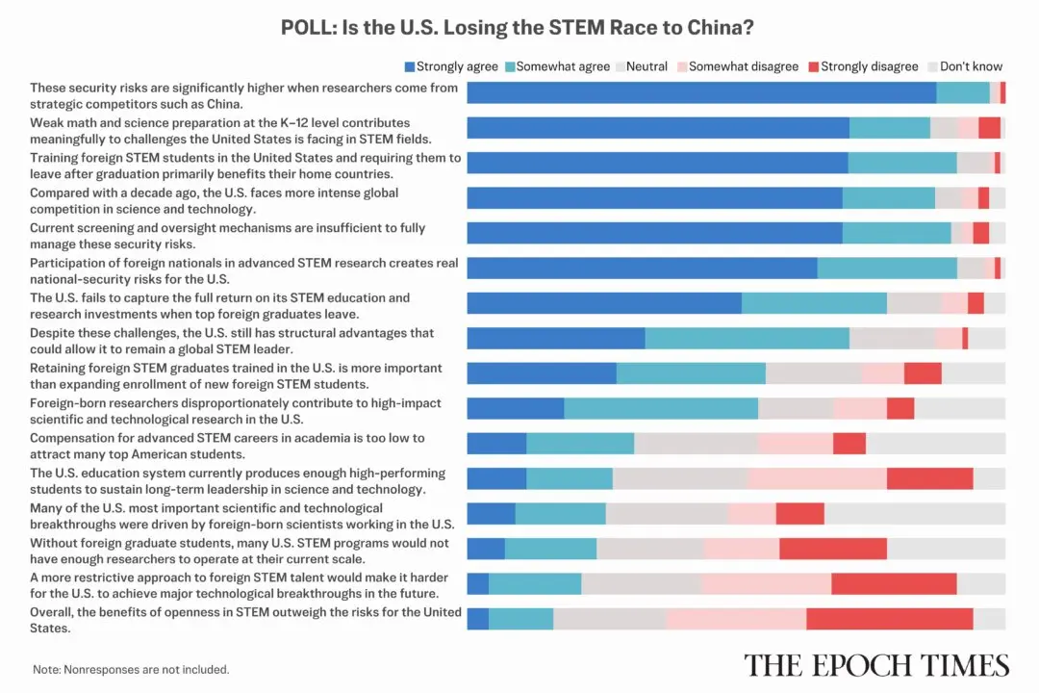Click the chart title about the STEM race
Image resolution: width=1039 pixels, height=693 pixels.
coord(519,27)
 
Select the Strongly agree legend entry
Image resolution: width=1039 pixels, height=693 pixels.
coord(451,66)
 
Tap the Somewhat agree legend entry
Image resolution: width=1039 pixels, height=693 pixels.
coord(557,66)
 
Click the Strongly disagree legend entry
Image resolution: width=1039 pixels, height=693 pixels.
coord(862,66)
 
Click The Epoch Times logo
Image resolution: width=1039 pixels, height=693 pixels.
coord(876,665)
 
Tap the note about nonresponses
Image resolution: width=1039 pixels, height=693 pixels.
coord(131,669)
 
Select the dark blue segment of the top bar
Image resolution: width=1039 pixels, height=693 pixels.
coord(701,92)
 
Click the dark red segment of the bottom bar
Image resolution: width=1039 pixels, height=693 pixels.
coord(889,619)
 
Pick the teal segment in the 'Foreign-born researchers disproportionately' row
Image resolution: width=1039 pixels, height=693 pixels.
coord(661,408)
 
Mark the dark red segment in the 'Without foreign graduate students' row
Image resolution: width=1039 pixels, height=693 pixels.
coord(832,549)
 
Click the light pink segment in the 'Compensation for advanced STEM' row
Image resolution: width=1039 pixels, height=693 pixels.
coord(795,443)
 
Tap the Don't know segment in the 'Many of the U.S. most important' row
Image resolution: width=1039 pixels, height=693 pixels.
coord(914,513)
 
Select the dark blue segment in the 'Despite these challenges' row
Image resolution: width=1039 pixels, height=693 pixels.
coord(555,338)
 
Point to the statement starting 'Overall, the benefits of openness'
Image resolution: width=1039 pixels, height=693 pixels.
coord(245,620)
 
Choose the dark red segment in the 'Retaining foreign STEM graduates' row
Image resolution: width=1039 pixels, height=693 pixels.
coord(922,373)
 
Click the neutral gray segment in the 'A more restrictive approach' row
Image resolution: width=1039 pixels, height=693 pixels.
coord(641,583)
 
